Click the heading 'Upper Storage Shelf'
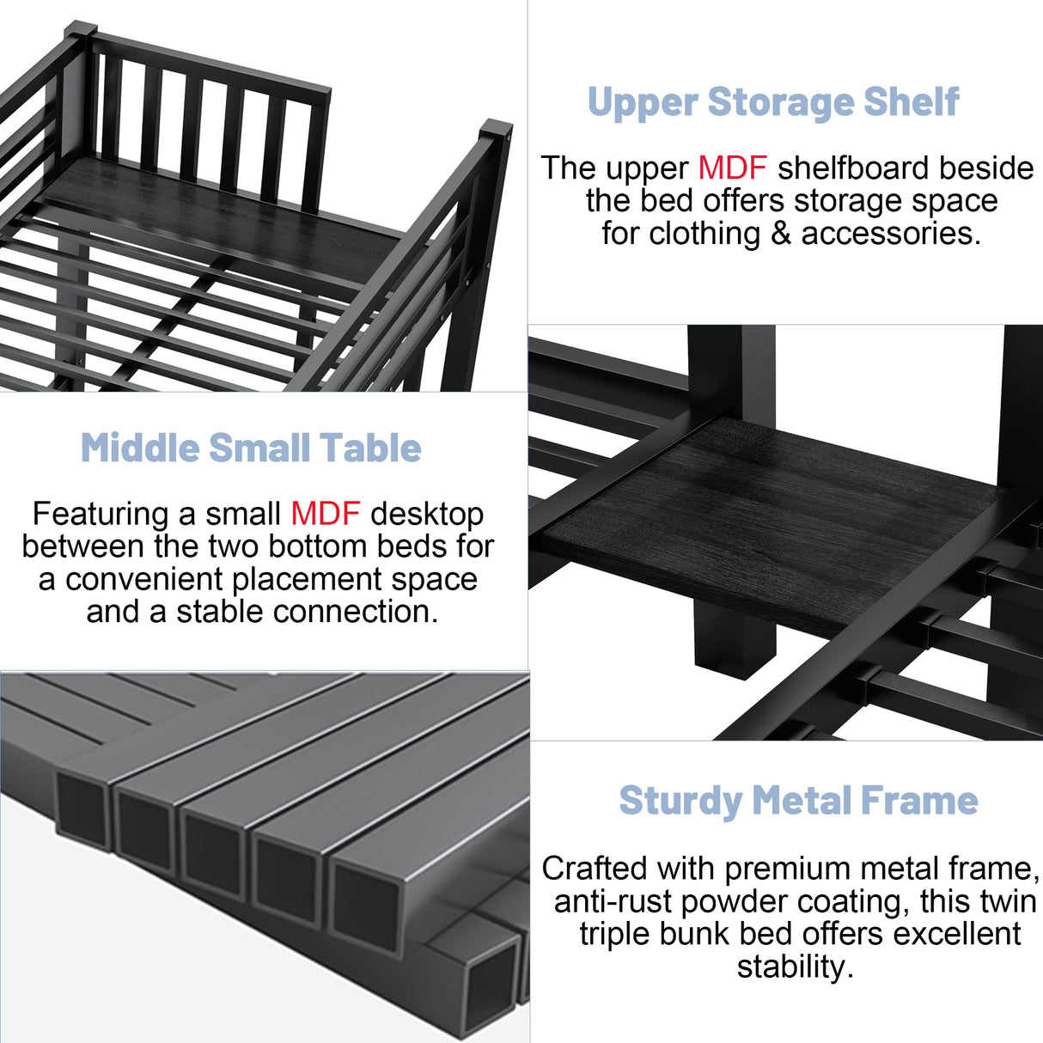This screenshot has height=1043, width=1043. click(x=772, y=102)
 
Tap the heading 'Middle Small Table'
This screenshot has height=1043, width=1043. click(x=251, y=448)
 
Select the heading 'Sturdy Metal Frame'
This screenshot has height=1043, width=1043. click(x=798, y=801)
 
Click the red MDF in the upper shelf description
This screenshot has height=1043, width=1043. click(x=732, y=168)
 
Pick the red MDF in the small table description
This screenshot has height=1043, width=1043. click(x=325, y=514)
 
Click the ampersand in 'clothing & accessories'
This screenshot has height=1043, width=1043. click(x=780, y=234)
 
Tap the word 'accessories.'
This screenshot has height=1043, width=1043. click(x=891, y=234)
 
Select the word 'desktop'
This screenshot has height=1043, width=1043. click(x=427, y=514)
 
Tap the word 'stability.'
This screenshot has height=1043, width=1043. click(x=795, y=967)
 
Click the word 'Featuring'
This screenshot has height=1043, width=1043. click(x=101, y=514)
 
